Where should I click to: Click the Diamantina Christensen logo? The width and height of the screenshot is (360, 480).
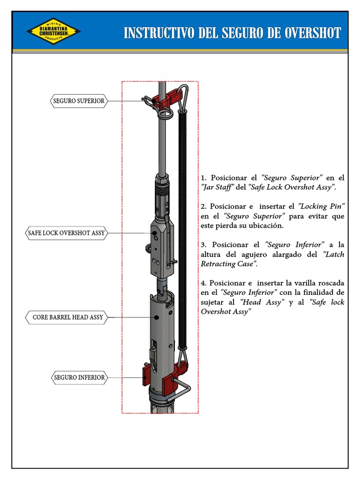53,31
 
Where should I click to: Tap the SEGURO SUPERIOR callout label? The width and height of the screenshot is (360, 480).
79,101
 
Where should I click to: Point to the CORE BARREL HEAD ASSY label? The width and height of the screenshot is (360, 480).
67,317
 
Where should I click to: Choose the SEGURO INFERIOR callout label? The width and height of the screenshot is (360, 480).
79,377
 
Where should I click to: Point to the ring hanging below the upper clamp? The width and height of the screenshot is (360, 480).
165,114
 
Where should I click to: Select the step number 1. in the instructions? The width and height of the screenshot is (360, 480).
203,178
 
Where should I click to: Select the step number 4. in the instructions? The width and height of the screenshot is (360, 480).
203,283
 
